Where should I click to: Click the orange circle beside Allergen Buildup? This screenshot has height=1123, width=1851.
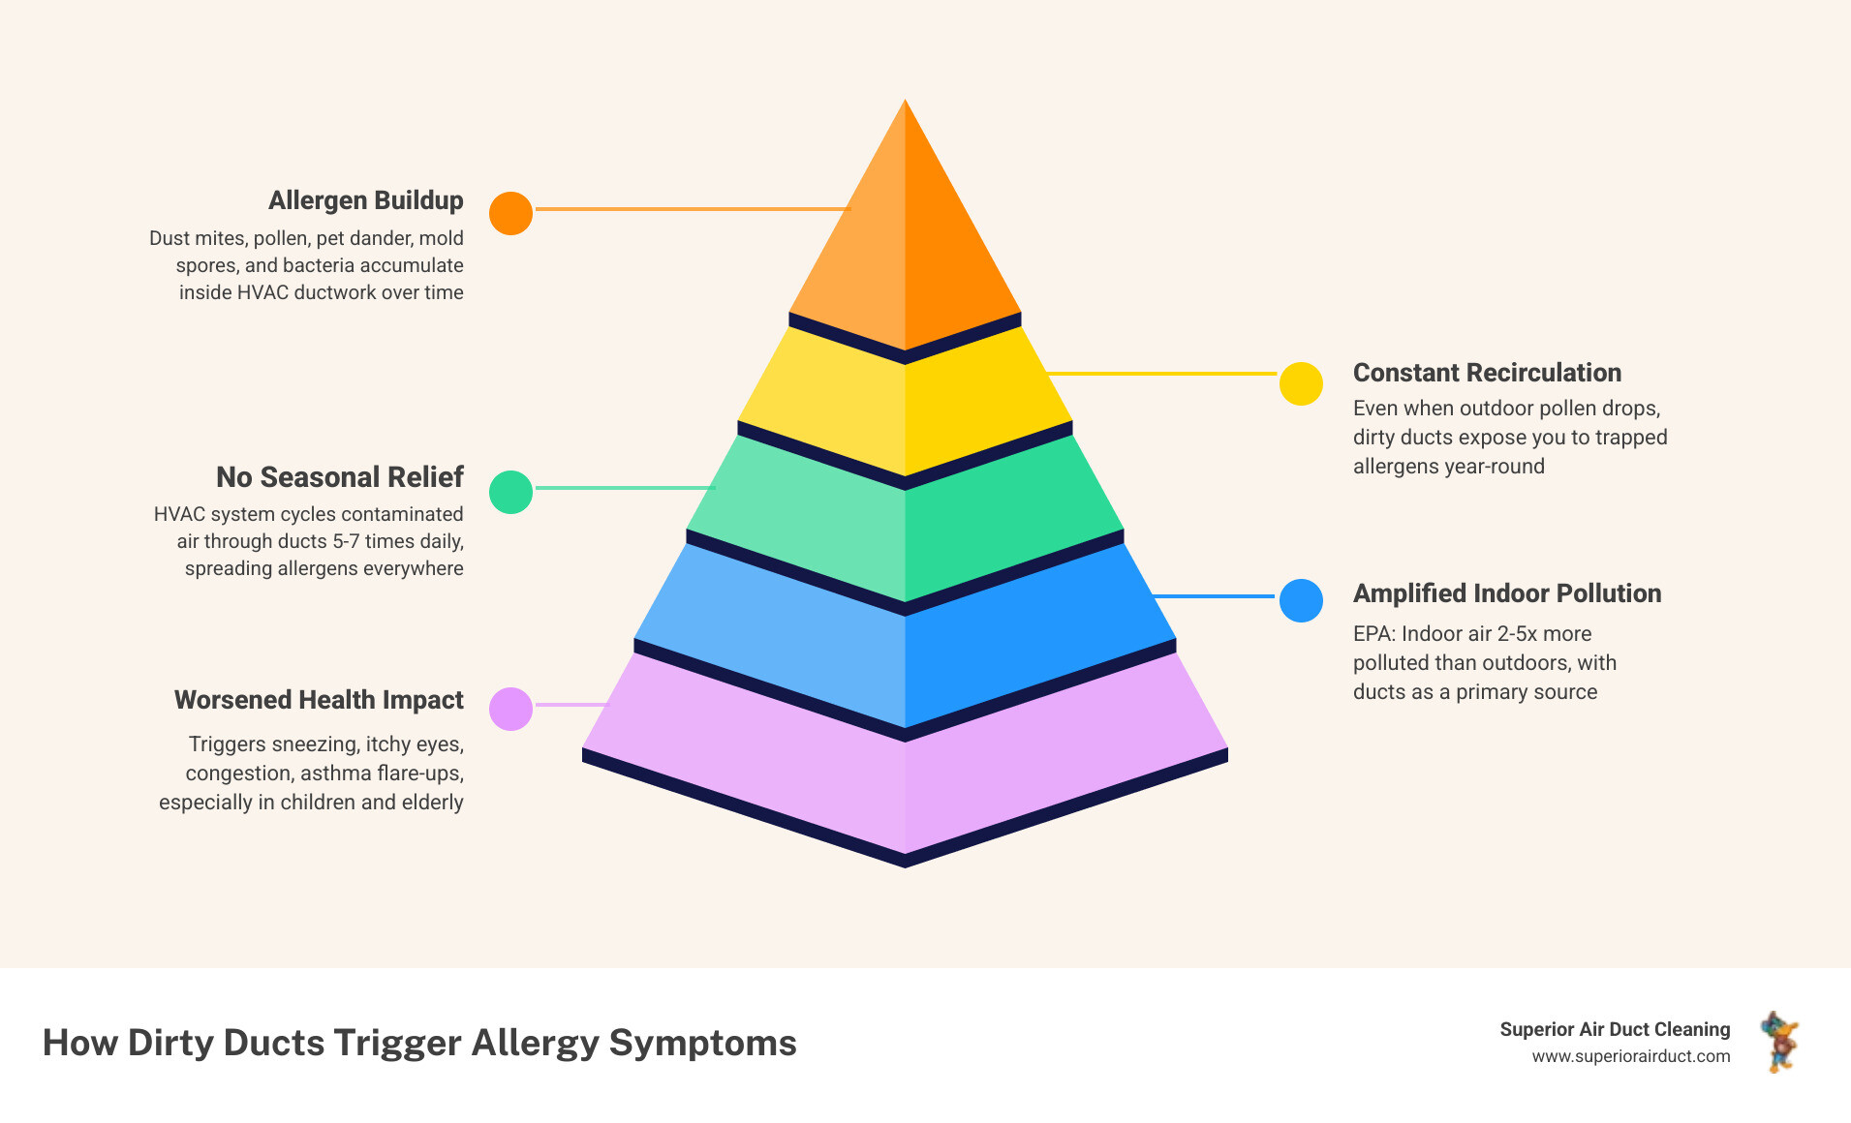[510, 213]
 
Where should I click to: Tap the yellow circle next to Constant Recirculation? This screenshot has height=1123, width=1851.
[1301, 383]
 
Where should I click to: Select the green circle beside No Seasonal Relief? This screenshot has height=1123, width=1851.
[510, 492]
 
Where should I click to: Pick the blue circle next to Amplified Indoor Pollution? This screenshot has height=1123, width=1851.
[1301, 600]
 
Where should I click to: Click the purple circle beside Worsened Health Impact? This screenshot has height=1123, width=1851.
[510, 709]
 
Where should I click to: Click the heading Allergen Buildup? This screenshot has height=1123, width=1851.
[365, 200]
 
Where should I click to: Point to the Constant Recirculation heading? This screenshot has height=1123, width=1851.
[1487, 373]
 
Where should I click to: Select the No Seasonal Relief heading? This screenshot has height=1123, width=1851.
[339, 477]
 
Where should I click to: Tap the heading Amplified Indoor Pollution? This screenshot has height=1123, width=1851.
[1506, 593]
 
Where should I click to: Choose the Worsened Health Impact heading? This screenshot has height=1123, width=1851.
[319, 700]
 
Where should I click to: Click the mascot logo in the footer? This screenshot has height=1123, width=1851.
[1779, 1042]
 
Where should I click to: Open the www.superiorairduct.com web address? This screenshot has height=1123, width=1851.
[1630, 1056]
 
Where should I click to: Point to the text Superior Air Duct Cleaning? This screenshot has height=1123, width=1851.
[1615, 1029]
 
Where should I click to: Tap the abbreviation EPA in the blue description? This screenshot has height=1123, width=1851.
[1371, 634]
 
